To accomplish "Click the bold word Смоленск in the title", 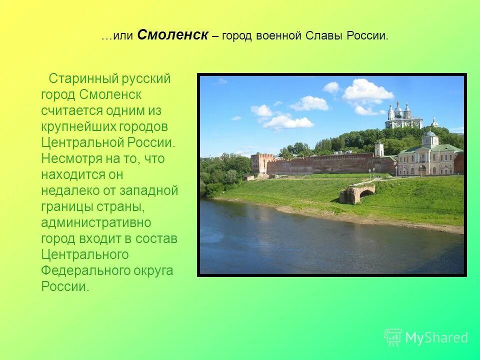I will tap(172, 35).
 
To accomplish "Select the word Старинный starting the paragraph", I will tap(82, 79).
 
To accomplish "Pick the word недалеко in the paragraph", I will tap(69, 191).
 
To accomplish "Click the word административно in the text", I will tap(96, 222).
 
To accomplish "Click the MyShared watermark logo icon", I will tap(393, 337).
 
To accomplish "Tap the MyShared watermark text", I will tap(436, 338).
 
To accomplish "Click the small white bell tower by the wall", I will tap(379, 148).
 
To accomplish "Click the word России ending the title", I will tap(369, 36).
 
